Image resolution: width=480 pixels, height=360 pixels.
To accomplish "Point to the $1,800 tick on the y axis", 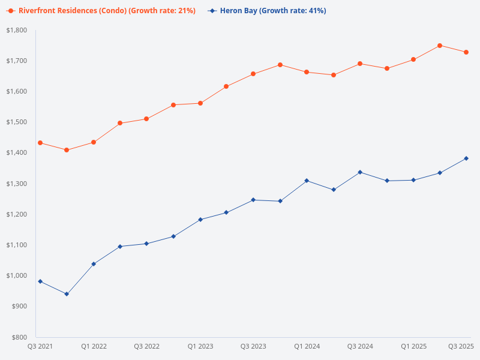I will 16,30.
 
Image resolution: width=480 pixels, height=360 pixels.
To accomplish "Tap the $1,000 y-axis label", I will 16,276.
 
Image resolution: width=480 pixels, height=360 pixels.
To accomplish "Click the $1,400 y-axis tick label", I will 16,153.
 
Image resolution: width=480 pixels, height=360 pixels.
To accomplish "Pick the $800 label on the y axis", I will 20,337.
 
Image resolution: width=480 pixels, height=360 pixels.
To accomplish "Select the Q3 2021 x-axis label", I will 40,347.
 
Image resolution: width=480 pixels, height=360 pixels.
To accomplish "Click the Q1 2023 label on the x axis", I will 200,347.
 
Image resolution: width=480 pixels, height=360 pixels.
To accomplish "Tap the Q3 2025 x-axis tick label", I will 461,347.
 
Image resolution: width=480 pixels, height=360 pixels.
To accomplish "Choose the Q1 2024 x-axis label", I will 307,347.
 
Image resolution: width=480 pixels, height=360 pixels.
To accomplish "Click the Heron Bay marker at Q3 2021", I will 40,281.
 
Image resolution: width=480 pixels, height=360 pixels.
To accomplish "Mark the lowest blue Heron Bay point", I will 67,294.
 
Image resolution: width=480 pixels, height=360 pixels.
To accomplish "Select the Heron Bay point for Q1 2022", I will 94,264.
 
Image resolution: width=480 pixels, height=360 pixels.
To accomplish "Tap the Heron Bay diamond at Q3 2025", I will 466,158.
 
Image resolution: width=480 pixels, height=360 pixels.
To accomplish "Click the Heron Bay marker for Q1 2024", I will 307,181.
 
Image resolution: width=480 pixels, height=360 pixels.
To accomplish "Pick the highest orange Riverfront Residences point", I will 440,46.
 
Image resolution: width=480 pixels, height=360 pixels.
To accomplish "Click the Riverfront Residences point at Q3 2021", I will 40,143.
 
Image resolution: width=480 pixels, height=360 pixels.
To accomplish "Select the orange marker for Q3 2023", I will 253,74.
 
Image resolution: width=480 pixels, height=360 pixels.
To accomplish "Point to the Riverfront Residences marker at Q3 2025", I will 466,52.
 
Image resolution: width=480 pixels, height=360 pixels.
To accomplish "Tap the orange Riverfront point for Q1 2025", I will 413,59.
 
